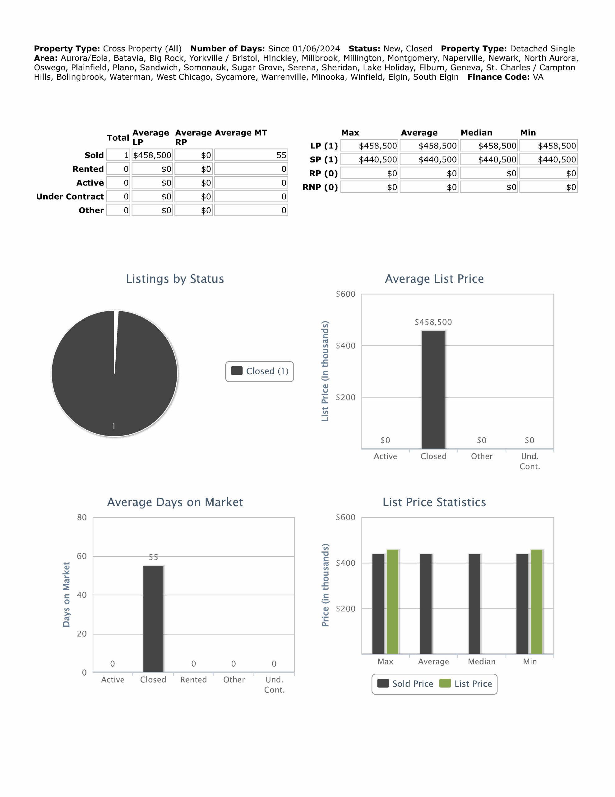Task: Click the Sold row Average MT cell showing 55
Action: click(x=251, y=155)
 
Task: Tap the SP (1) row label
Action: click(x=323, y=159)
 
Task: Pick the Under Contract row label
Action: click(x=70, y=197)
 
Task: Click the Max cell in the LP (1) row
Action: click(x=370, y=146)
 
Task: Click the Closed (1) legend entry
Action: click(x=260, y=371)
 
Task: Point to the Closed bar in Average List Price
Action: click(x=433, y=389)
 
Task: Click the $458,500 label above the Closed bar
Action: click(x=433, y=322)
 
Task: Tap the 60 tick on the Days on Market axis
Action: click(x=82, y=556)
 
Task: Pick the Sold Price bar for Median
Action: click(x=474, y=604)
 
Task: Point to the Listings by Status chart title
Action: click(x=175, y=279)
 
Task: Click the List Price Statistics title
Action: click(x=434, y=502)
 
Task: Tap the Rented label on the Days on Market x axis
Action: click(x=194, y=680)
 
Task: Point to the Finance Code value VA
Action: click(x=538, y=77)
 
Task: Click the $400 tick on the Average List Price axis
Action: click(x=345, y=346)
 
